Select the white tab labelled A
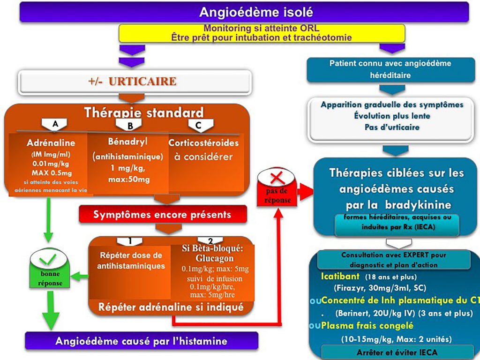[x=55, y=124]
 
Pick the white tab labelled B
[x=130, y=125]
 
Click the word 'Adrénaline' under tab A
[x=51, y=142]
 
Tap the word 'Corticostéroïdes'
[x=203, y=143]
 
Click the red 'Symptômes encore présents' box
[x=162, y=215]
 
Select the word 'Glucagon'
[x=215, y=258]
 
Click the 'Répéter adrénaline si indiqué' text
[x=172, y=307]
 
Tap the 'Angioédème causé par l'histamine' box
[x=141, y=341]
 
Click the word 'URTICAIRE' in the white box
[x=142, y=82]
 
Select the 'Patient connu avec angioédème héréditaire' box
[x=390, y=69]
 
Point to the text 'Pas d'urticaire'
[x=392, y=127]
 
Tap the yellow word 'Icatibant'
[x=340, y=276]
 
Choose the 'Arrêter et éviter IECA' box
[x=393, y=352]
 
